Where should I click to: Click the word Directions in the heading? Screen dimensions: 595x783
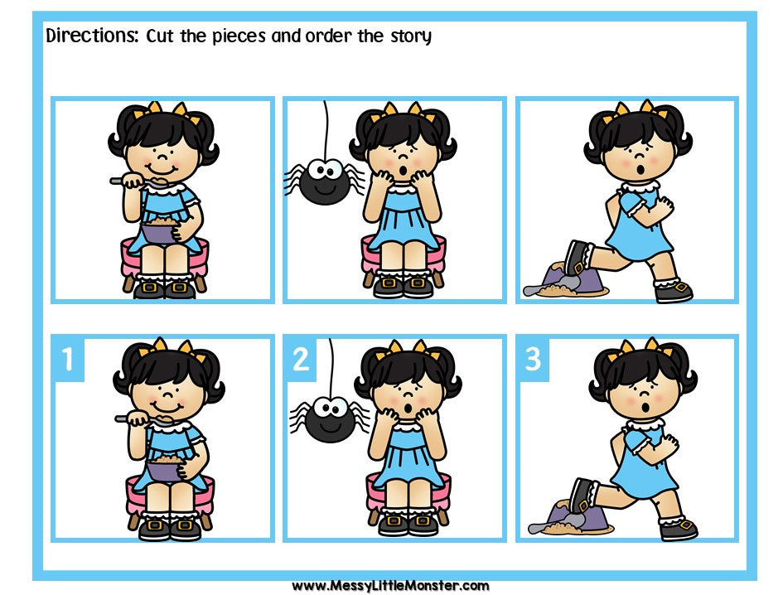[x=91, y=36]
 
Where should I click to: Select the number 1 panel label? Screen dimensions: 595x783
[x=67, y=359]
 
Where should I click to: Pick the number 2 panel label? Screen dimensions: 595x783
[x=300, y=359]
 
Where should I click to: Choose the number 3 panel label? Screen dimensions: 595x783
[x=533, y=359]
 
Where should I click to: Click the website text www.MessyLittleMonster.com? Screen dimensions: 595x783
[x=390, y=585]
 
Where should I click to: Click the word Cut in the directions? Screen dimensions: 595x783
[x=164, y=36]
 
